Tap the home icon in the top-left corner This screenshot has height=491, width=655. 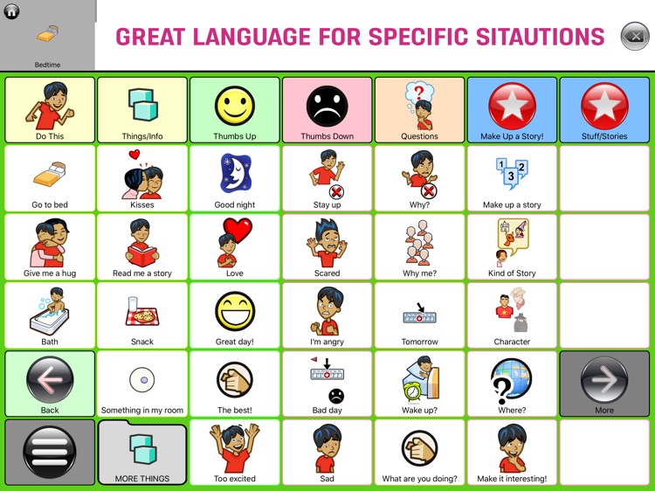[x=12, y=11]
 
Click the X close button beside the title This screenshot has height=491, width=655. [x=634, y=36]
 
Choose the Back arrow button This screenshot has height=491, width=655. [x=50, y=381]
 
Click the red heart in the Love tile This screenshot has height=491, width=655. [x=238, y=232]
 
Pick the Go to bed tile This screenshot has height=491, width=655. [x=50, y=179]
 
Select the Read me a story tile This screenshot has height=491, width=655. [x=142, y=247]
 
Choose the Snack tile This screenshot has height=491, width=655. [x=142, y=315]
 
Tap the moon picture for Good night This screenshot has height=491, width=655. [x=234, y=173]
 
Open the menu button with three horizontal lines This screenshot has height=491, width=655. [x=50, y=453]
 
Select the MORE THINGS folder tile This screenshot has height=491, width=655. [x=142, y=453]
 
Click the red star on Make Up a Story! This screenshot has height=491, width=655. [x=512, y=106]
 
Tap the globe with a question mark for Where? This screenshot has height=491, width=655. [x=511, y=381]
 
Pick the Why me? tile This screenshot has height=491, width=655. [x=419, y=247]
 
